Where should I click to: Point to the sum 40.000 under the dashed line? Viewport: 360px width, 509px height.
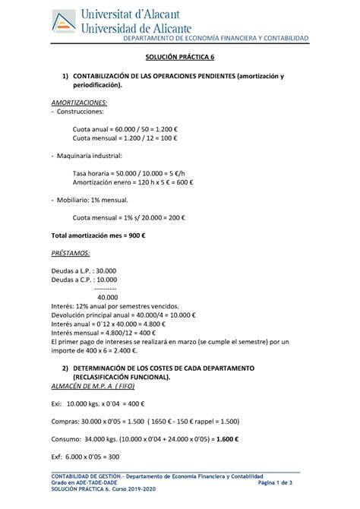coord(108,298)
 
